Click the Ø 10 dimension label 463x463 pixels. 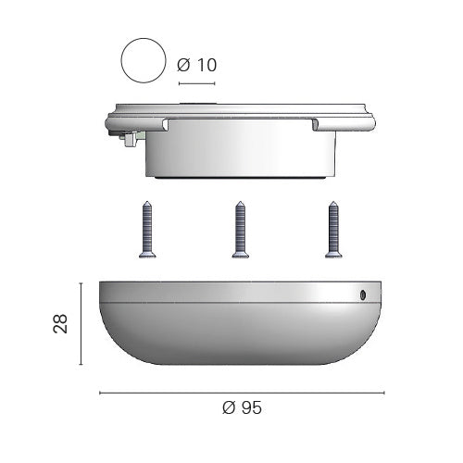click(x=197, y=65)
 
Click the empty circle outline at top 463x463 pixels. click(x=121, y=60)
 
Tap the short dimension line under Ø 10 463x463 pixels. click(x=197, y=83)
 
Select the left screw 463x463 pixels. click(x=147, y=229)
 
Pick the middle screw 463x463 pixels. click(x=241, y=229)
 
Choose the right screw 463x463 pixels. click(x=333, y=229)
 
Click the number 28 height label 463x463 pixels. click(x=60, y=323)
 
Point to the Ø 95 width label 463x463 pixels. click(x=242, y=407)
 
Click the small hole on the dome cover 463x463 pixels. click(x=363, y=295)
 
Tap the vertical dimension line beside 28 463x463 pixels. click(x=81, y=323)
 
